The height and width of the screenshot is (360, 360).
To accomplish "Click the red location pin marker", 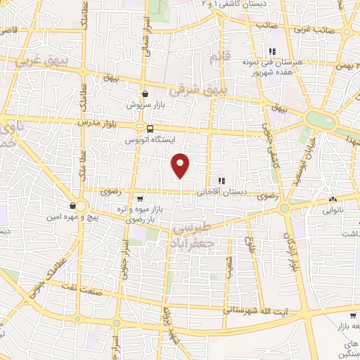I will (x=181, y=165).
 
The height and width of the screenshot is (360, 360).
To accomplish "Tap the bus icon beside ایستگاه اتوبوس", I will (x=150, y=128).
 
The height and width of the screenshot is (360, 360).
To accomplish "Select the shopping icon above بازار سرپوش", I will (x=145, y=94).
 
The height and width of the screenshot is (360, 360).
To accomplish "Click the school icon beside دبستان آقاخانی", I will (x=221, y=181).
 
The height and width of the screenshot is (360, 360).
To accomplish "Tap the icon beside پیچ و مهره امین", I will (x=73, y=206).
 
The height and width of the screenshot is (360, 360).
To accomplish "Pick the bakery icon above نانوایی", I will (x=331, y=199).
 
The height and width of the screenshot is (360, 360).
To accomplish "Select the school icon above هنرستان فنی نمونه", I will (x=271, y=50).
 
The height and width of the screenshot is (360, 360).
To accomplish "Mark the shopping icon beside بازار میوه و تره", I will (x=140, y=199).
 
